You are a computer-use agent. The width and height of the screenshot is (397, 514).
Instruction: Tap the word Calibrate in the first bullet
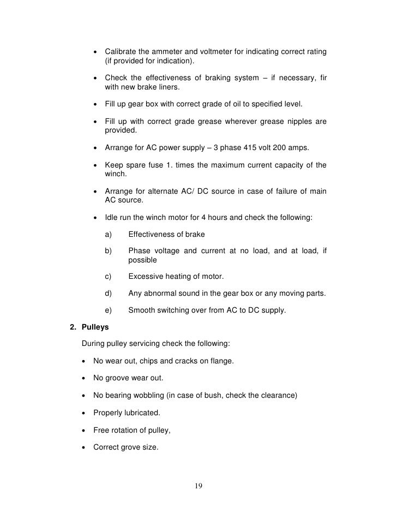(121, 51)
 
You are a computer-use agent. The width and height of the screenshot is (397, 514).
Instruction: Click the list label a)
(108, 235)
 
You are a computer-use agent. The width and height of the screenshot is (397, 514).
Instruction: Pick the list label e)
(108, 310)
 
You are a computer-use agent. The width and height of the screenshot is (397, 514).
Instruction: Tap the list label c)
(108, 277)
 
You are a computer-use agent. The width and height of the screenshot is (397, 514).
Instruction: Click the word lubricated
(145, 412)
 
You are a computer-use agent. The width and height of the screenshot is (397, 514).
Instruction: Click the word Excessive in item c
(146, 277)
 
